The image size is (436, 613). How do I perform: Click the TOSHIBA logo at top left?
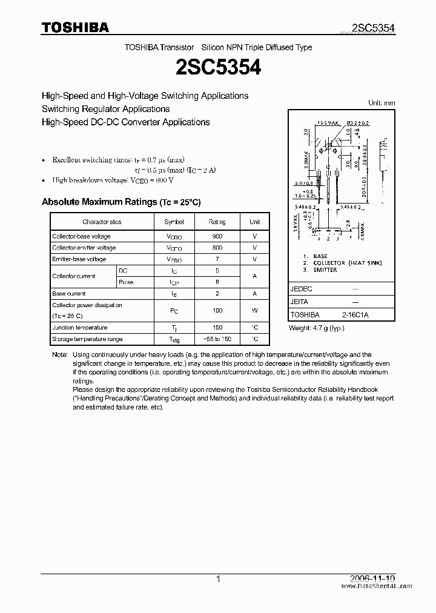coord(75,27)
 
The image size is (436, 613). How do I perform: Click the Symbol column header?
coord(174,222)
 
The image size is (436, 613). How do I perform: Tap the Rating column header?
coord(217,222)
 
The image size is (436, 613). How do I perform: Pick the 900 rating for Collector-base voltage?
coord(217,236)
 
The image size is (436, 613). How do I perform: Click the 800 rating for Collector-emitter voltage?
coord(217,248)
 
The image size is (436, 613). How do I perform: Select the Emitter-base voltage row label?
coord(79,259)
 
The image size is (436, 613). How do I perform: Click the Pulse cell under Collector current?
coord(126,282)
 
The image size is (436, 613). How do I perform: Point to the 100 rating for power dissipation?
coord(217,310)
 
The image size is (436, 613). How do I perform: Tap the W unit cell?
coord(255,310)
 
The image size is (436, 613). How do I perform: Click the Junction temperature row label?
coord(79,328)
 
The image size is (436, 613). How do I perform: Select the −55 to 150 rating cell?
coord(217,339)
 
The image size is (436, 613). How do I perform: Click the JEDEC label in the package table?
coord(302,289)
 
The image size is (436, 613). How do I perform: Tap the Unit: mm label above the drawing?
coord(381,103)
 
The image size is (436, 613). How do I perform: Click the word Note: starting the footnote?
coord(59,354)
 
